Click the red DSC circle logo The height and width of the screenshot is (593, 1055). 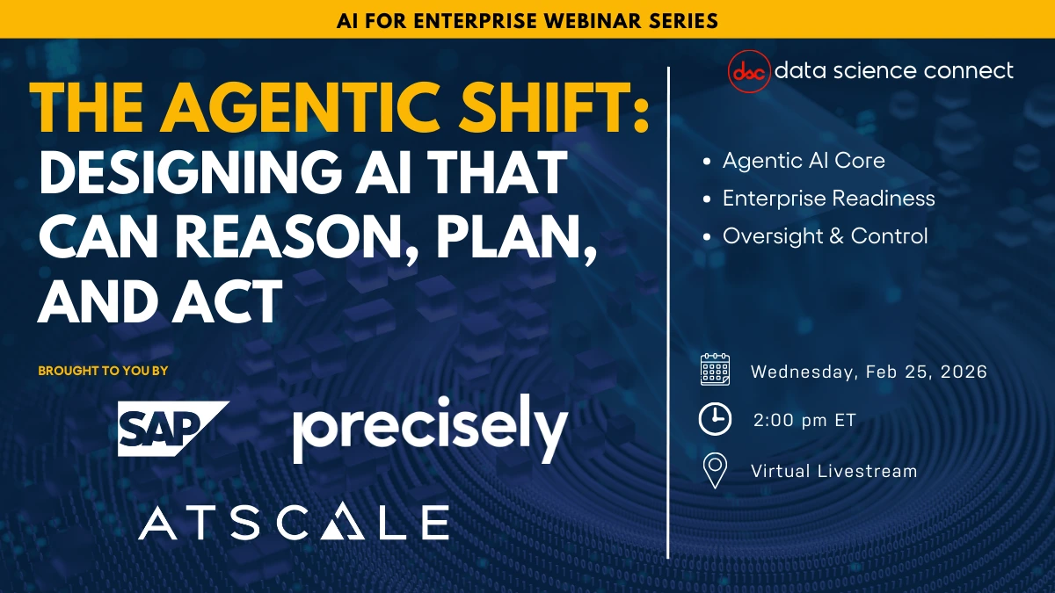(749, 70)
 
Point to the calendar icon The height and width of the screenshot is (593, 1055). (715, 371)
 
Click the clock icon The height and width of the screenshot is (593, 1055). (715, 420)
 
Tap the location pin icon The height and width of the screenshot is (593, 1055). (715, 471)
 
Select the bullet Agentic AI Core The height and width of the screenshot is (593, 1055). (803, 161)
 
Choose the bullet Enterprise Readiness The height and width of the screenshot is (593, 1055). (828, 199)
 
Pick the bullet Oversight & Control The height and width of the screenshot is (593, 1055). (825, 236)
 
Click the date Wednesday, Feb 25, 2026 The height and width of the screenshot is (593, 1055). (869, 372)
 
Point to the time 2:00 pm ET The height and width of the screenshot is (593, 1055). (804, 421)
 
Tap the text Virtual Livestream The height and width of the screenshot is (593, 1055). (833, 471)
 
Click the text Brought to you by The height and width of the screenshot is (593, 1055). (103, 371)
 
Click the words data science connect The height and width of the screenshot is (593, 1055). (893, 70)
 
